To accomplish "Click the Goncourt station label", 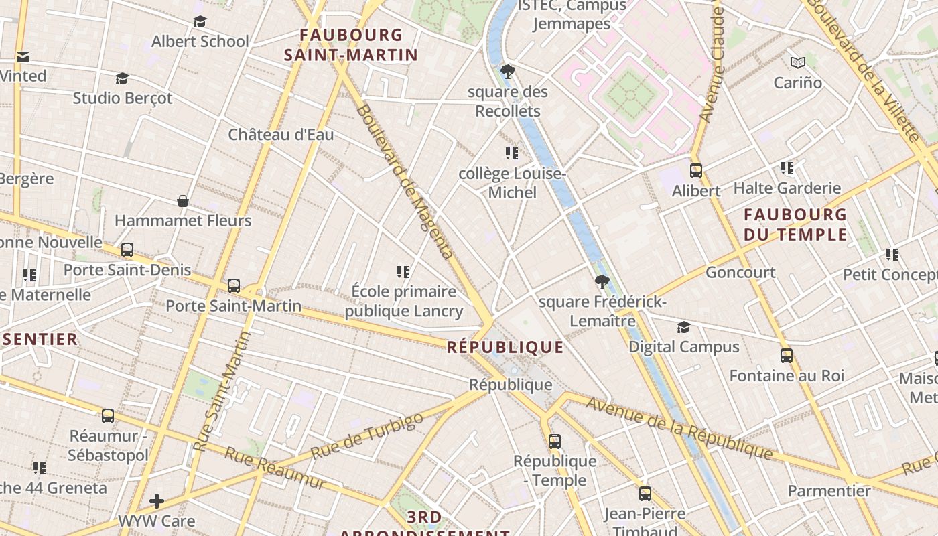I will click(740, 273).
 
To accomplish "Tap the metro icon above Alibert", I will click(696, 171).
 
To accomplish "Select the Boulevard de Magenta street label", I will click(406, 181).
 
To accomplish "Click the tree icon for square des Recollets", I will click(508, 71).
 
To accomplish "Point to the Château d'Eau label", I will click(281, 135).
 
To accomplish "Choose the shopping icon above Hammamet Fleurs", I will click(182, 200).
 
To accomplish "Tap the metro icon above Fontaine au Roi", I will click(787, 356).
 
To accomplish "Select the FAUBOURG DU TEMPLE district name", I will click(795, 224).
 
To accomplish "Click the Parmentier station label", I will click(829, 491).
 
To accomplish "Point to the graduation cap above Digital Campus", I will click(683, 327).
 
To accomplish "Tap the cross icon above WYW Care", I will click(157, 501).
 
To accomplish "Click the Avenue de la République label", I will click(679, 427).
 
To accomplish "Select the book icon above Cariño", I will click(797, 63).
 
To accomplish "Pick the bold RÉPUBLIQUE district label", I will click(505, 347).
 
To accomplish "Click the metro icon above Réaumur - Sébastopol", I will click(108, 416).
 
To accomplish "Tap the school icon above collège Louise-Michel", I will click(512, 153).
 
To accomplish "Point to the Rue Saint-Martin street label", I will click(221, 391).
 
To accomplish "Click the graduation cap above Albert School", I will click(200, 22).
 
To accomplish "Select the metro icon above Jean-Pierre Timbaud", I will click(645, 494).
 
